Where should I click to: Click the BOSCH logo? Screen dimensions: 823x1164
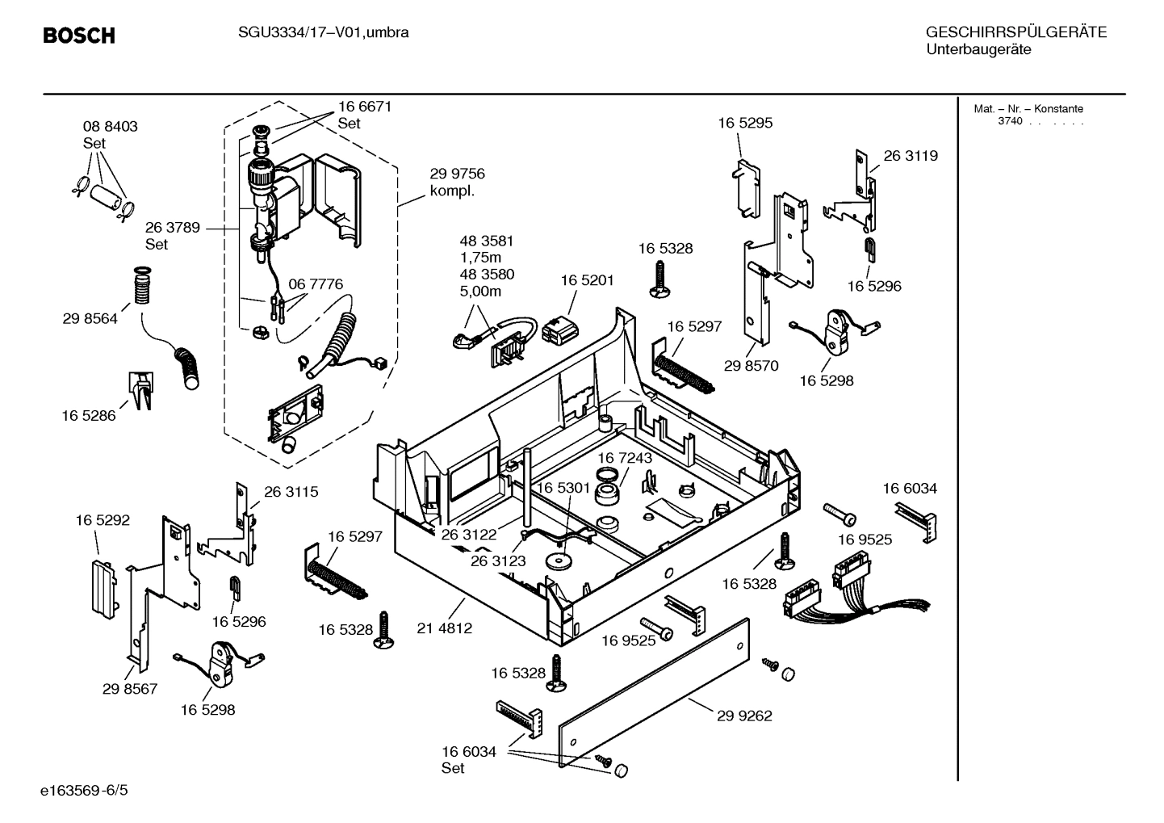click(78, 36)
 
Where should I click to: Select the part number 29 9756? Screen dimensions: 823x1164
click(457, 174)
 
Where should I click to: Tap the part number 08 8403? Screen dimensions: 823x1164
click(111, 126)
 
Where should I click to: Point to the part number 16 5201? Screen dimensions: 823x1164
click(587, 280)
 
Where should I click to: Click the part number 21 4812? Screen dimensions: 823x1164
click(444, 628)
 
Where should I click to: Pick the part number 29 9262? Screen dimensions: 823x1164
click(744, 716)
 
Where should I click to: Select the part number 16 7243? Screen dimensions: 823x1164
click(625, 458)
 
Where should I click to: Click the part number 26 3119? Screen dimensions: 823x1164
click(911, 156)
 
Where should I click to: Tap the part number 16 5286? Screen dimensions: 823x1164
click(89, 415)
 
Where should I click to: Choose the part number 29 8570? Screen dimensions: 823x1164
click(751, 366)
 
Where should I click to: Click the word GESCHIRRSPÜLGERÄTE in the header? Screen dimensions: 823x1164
click(1015, 32)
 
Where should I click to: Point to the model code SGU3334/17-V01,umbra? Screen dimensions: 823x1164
click(323, 32)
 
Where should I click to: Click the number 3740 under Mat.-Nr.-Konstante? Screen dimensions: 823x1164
click(1010, 122)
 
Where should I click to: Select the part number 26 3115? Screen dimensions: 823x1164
click(291, 491)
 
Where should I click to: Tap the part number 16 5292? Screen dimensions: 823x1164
click(103, 520)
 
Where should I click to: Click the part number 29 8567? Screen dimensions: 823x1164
click(130, 689)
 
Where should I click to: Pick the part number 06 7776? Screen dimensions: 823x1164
click(316, 284)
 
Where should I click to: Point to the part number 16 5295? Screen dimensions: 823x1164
click(745, 123)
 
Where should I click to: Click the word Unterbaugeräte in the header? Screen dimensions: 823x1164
click(978, 49)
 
